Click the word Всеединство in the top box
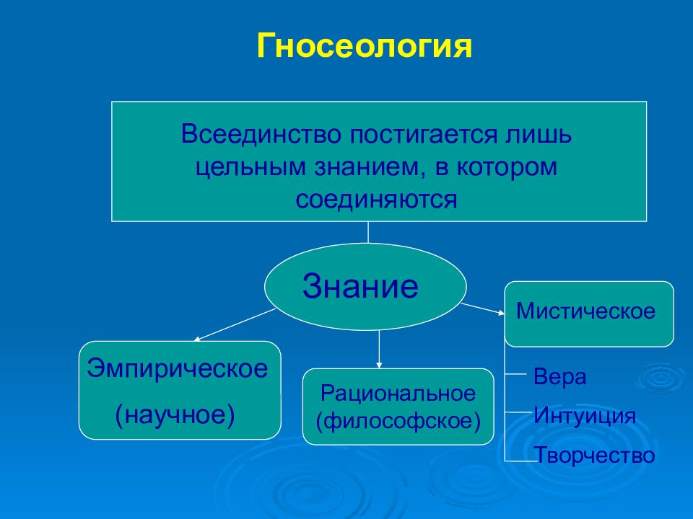coord(261,134)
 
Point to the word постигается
coord(423,134)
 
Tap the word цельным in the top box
coord(250,167)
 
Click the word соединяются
coord(376,200)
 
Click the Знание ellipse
coord(365,286)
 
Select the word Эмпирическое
coord(178,368)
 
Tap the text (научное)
coord(175,414)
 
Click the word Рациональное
coord(398,394)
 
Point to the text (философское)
coord(398,420)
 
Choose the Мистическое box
coord(589,314)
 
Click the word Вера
coord(559,377)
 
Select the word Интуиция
coord(584,416)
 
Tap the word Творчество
coord(595,455)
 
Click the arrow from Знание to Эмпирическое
coord(234,325)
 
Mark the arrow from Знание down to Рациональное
coord(379,349)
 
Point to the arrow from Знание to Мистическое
coord(483,309)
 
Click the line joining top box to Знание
coord(368,232)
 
